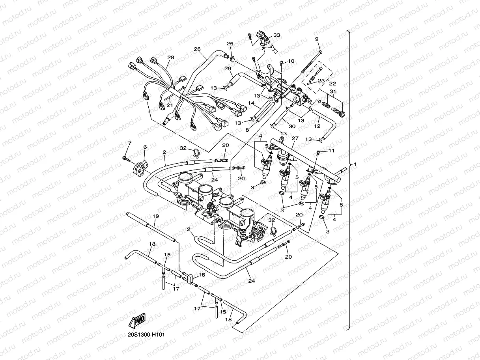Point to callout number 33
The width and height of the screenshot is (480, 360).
(276, 35)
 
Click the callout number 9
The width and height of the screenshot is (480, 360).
(316, 39)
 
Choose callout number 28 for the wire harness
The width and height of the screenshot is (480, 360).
(170, 58)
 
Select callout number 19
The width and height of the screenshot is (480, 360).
(155, 216)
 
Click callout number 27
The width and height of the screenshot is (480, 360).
(295, 138)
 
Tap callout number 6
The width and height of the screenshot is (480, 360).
(145, 147)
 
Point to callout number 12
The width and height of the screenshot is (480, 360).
(317, 126)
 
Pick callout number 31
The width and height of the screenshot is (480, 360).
(333, 92)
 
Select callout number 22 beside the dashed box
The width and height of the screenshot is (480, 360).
(332, 84)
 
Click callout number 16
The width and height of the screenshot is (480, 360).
(202, 274)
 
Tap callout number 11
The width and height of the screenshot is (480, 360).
(331, 151)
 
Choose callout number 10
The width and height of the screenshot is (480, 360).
(291, 61)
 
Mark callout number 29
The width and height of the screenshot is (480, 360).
(228, 69)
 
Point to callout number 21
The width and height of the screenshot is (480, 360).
(170, 105)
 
